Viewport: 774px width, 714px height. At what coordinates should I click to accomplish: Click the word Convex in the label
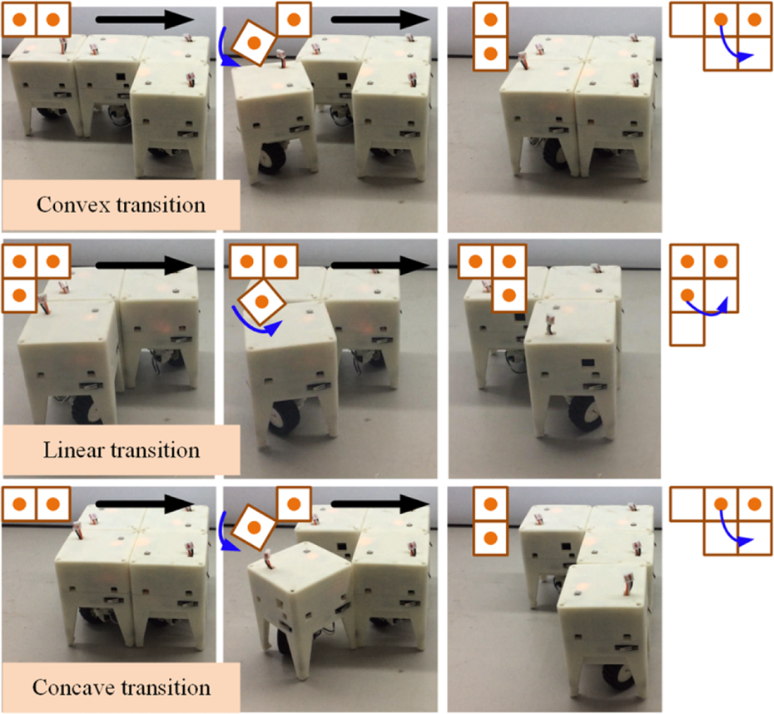tap(72, 205)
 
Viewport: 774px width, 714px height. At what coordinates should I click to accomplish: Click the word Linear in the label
tap(72, 450)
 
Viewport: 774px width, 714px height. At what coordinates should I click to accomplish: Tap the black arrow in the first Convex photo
tap(145, 19)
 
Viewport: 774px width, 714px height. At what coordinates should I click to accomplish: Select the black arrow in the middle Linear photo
tap(380, 265)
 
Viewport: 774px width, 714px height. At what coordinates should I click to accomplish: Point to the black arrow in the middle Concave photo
tap(380, 503)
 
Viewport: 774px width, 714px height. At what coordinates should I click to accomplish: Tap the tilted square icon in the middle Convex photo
tap(254, 43)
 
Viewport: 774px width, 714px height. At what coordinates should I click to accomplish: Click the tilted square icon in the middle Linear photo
tap(261, 301)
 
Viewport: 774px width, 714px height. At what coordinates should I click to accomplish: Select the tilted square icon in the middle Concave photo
tap(254, 528)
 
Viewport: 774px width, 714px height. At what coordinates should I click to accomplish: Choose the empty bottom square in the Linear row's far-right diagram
tap(687, 329)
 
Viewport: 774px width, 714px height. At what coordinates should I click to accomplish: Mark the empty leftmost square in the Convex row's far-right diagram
tap(687, 20)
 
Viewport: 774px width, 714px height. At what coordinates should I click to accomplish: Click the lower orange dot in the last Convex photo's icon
tap(491, 53)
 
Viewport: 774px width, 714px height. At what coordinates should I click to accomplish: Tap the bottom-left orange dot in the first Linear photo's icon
tap(19, 295)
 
